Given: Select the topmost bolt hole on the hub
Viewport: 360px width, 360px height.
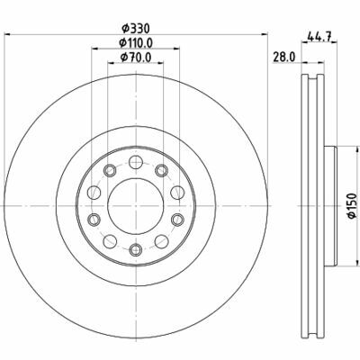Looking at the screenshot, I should coord(135,163).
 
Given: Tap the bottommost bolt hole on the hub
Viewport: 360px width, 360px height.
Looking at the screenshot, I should coord(135,249).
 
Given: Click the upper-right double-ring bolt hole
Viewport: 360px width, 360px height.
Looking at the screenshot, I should coord(161,170).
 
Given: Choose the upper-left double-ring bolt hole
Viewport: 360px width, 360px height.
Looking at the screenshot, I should coord(109,170).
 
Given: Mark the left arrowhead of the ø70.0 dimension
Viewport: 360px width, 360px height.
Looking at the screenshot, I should coord(111,67).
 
